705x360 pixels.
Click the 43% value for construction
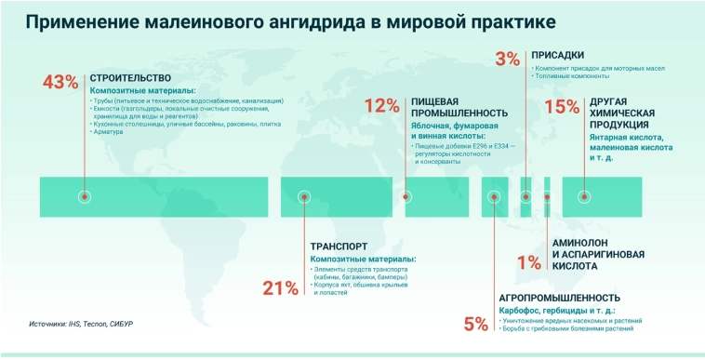[x=60, y=82]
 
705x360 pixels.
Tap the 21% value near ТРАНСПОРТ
[x=280, y=288]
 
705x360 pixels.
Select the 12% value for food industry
[x=381, y=106]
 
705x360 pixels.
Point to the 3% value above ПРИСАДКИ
[x=507, y=59]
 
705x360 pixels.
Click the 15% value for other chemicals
[x=562, y=106]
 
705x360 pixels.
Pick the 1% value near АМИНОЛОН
[x=529, y=262]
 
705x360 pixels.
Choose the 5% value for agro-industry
[x=475, y=324]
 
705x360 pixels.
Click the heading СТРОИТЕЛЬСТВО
[x=130, y=77]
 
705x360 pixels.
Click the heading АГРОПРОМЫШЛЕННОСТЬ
[x=559, y=298]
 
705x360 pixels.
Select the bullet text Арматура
[x=110, y=132]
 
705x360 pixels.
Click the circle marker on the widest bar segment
[x=86, y=196]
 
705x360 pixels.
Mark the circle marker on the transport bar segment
[x=302, y=196]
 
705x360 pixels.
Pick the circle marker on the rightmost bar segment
[x=584, y=196]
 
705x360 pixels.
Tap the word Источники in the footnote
[x=48, y=325]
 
